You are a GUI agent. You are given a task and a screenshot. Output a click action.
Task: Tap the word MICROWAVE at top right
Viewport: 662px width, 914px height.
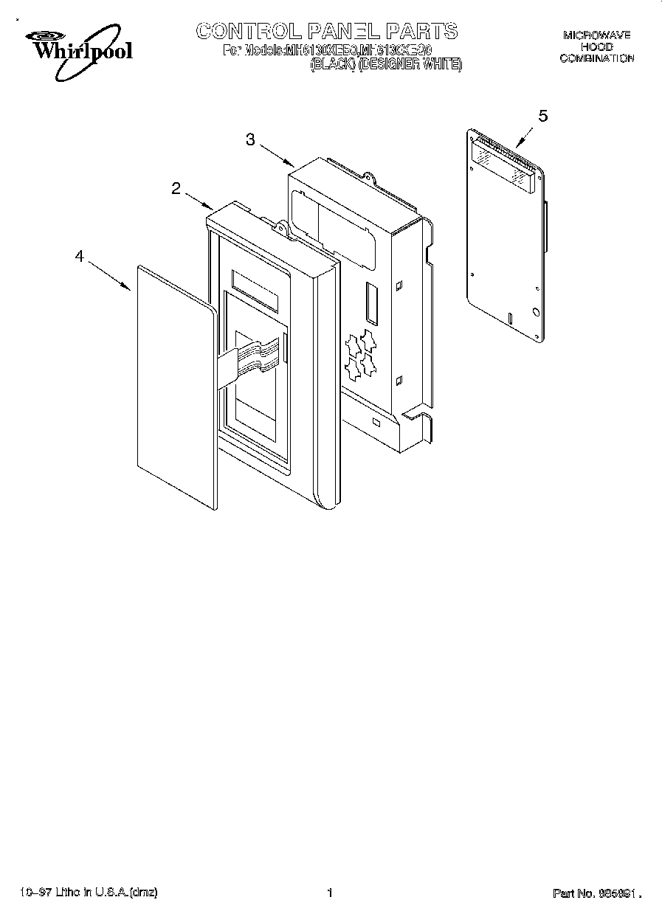coord(596,35)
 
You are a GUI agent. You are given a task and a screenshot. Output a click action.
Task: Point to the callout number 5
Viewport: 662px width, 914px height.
coord(543,115)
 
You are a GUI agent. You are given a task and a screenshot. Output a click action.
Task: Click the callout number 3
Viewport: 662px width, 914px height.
coord(251,140)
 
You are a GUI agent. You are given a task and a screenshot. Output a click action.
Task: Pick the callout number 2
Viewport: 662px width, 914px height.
coord(176,189)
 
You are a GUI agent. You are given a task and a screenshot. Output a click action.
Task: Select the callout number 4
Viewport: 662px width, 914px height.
coord(79,256)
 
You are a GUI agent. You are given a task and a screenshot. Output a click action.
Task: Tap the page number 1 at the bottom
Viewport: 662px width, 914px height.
coord(330,893)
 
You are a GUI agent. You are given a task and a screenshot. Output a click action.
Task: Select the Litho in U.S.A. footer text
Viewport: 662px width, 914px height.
coord(89,893)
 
